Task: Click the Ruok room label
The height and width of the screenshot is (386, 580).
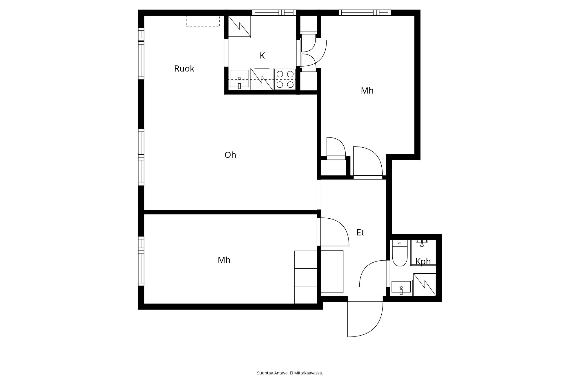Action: click(184, 69)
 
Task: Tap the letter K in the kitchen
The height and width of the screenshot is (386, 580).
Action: click(262, 56)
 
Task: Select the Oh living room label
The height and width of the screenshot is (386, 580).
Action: click(230, 155)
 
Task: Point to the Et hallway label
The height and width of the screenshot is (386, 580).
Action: click(360, 233)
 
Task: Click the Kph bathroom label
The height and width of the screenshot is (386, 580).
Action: click(423, 262)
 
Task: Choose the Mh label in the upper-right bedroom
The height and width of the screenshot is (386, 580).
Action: click(367, 91)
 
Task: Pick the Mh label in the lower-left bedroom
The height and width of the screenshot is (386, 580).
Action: click(224, 260)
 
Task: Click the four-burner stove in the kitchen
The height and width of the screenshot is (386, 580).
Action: click(285, 79)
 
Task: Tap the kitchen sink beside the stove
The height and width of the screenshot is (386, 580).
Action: click(239, 79)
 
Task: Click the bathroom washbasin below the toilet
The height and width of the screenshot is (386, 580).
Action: click(401, 287)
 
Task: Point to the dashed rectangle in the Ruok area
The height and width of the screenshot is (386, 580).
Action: click(203, 21)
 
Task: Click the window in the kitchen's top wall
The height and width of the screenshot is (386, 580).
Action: click(274, 13)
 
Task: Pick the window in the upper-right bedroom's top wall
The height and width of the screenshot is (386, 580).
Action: click(365, 13)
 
